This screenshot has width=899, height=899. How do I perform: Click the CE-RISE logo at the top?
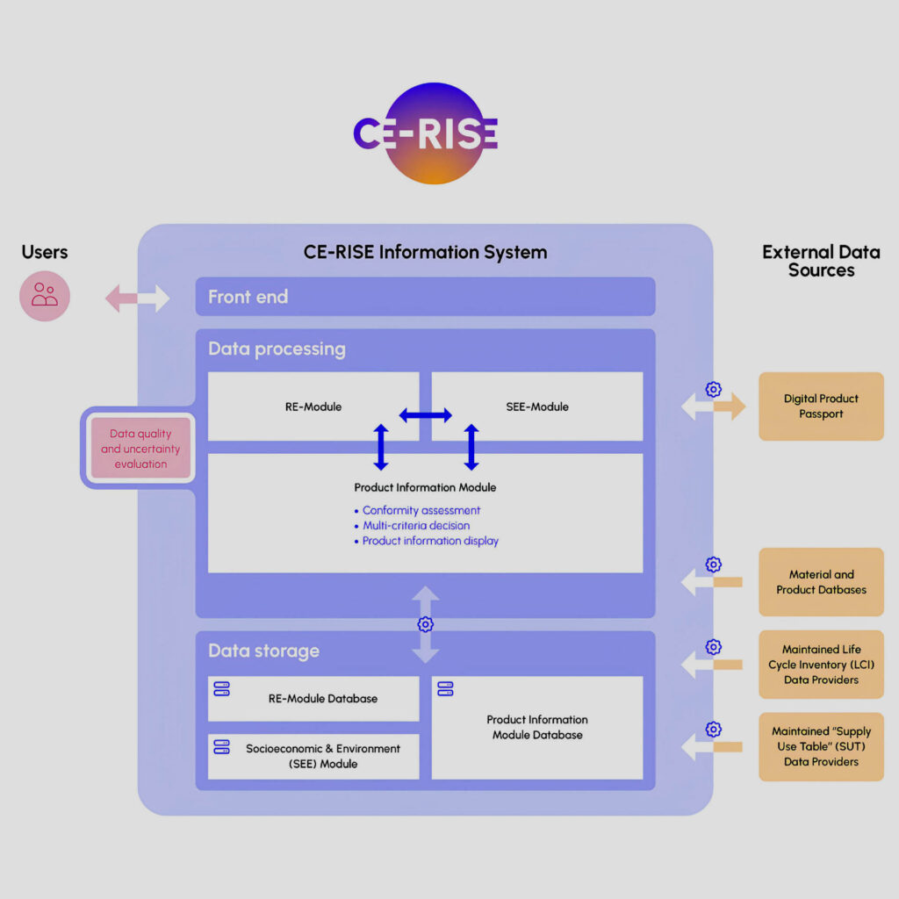click(426, 133)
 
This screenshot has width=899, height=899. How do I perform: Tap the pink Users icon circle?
click(45, 296)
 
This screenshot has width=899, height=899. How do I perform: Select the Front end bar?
click(425, 297)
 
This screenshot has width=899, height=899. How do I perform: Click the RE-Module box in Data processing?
click(313, 406)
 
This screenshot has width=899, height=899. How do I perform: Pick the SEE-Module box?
click(537, 406)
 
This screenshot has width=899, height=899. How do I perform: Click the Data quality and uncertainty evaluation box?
click(140, 449)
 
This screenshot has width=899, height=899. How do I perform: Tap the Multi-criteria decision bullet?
click(416, 526)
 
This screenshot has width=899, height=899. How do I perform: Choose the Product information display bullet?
click(430, 541)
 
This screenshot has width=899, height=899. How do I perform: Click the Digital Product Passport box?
click(821, 406)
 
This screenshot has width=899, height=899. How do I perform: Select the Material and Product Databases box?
click(821, 582)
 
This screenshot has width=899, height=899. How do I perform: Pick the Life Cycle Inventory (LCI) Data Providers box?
click(821, 665)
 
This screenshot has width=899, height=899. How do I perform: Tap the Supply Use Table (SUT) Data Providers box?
click(821, 747)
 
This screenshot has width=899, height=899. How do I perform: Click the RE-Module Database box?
click(313, 699)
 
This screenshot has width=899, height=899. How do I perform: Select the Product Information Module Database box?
click(537, 727)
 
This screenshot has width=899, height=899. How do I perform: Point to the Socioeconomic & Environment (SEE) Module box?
click(313, 757)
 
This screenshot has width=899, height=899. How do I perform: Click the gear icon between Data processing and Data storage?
click(426, 624)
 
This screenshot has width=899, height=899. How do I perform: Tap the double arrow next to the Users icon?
click(138, 298)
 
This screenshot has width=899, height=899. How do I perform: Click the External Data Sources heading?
click(821, 262)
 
